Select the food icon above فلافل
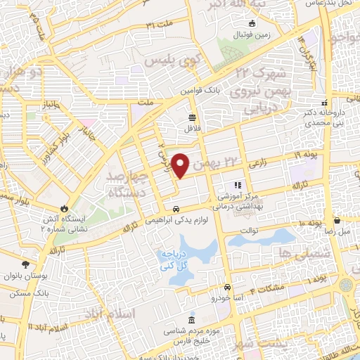(x=193, y=117)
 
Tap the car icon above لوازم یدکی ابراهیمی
(x=176, y=209)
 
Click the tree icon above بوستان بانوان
(x=26, y=264)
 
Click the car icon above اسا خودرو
(x=227, y=288)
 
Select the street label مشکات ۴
(x=271, y=286)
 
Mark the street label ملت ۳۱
(x=159, y=25)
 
